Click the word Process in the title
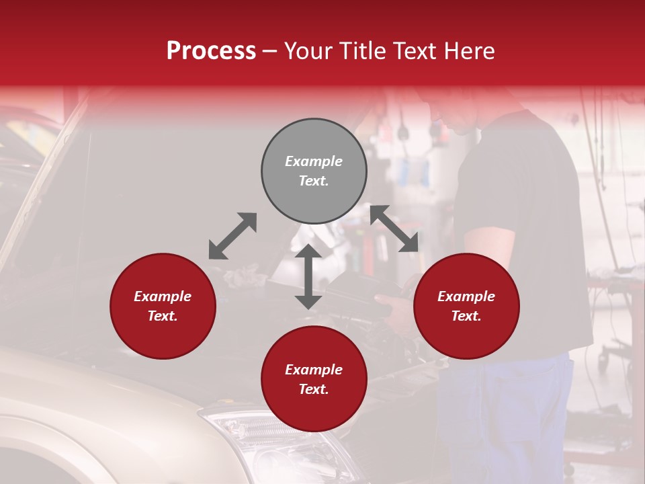(211, 51)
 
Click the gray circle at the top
(314, 171)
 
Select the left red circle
(163, 306)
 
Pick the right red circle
(466, 306)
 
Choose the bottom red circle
(314, 379)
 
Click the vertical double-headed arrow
(308, 276)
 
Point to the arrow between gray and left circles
(232, 236)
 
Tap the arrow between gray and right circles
(394, 229)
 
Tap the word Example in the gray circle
(314, 161)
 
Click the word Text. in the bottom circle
(314, 389)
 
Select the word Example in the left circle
(163, 296)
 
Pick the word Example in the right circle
(466, 296)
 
